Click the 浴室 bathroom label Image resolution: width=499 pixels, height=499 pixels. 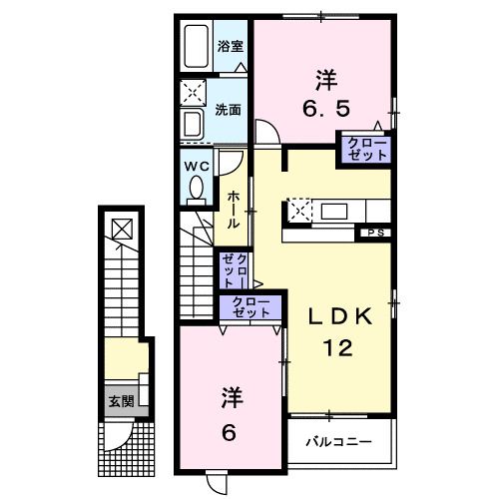pos(229,45)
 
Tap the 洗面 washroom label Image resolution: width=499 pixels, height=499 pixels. pos(229,109)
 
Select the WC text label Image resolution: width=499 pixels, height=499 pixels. pos(195,165)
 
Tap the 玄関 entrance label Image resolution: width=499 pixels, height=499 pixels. pos(122,402)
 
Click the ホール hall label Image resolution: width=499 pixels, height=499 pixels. pos(232,210)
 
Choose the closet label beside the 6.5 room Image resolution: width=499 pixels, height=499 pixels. pos(365,150)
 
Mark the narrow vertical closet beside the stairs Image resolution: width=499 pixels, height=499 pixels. pos(236,270)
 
